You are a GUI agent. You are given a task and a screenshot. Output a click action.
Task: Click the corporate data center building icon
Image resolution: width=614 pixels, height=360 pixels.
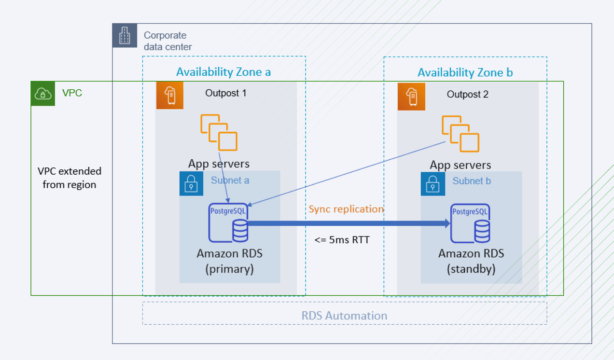pos(125,36)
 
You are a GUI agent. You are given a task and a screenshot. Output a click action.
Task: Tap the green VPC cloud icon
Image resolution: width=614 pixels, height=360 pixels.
pos(43,93)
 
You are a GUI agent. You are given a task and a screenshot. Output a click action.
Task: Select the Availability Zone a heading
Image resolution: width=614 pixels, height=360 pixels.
pos(223,72)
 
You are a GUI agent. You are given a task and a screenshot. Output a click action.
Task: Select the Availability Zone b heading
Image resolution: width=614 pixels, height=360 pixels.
pos(465,72)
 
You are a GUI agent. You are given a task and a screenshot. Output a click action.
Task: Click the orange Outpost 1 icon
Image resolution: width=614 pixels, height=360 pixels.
pos(169,96)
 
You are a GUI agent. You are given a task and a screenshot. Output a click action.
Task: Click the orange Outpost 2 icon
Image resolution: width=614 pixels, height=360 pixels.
pos(411,97)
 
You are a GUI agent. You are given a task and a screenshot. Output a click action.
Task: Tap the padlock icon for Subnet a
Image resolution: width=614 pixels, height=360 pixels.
pos(192,183)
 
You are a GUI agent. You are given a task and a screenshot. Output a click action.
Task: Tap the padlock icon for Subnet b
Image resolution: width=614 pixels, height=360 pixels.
pos(433,184)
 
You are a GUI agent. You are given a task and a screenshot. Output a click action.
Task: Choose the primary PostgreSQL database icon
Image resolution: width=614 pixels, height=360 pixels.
pos(228,223)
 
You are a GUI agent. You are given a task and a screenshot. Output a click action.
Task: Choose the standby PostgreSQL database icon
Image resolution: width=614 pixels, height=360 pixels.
pos(470,223)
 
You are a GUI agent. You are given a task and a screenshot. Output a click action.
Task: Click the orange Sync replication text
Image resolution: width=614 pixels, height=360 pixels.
pos(346,209)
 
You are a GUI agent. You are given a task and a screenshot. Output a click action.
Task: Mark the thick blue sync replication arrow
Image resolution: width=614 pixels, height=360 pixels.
pos(348,223)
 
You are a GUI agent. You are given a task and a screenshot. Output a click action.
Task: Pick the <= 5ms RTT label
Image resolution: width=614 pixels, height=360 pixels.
pos(342,239)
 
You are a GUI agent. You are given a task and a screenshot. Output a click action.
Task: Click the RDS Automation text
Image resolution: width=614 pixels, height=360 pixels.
pos(344,316)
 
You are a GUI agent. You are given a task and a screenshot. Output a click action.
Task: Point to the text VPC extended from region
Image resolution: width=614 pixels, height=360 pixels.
pos(70,178)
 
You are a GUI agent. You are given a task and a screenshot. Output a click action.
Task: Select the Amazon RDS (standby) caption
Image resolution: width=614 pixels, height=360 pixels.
pos(471,261)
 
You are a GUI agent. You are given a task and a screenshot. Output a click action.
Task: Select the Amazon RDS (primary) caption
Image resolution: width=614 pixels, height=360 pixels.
pos(230,261)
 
